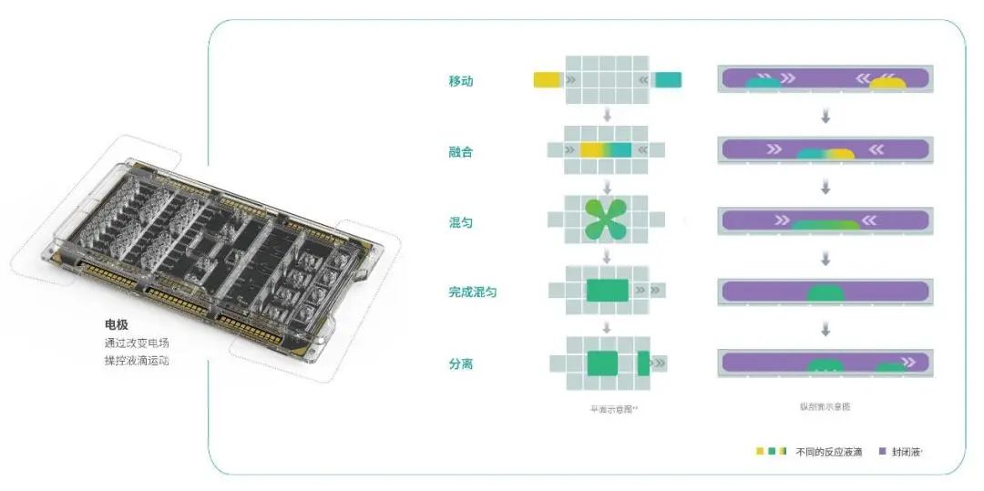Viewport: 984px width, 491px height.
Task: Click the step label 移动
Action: pyautogui.click(x=460, y=81)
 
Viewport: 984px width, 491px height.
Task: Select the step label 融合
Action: pyautogui.click(x=460, y=152)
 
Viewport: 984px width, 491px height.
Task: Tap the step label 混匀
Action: pyautogui.click(x=460, y=222)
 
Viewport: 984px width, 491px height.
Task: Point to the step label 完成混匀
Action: pyautogui.click(x=472, y=292)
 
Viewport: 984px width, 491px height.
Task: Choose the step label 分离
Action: pyautogui.click(x=460, y=363)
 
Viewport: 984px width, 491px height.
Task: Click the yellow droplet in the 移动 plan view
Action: pyautogui.click(x=547, y=80)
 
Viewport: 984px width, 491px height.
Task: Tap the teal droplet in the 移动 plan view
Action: pyautogui.click(x=668, y=80)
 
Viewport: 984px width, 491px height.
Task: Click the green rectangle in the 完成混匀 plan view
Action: pyautogui.click(x=606, y=291)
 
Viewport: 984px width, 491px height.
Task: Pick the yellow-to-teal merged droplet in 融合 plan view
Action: pyautogui.click(x=606, y=150)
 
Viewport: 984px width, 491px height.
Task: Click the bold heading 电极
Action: pyautogui.click(x=116, y=324)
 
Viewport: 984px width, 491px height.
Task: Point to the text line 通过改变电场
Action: pyautogui.click(x=136, y=343)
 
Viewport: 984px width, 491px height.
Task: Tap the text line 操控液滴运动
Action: pyautogui.click(x=136, y=360)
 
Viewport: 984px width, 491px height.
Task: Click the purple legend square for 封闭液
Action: pyautogui.click(x=882, y=452)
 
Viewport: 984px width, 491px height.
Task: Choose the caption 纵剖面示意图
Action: pyautogui.click(x=825, y=407)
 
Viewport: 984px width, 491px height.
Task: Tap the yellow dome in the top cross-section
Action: pyautogui.click(x=887, y=84)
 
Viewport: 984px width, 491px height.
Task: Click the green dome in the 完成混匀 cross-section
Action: pyautogui.click(x=825, y=293)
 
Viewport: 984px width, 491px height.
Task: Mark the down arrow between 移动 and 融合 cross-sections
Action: pyautogui.click(x=825, y=117)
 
